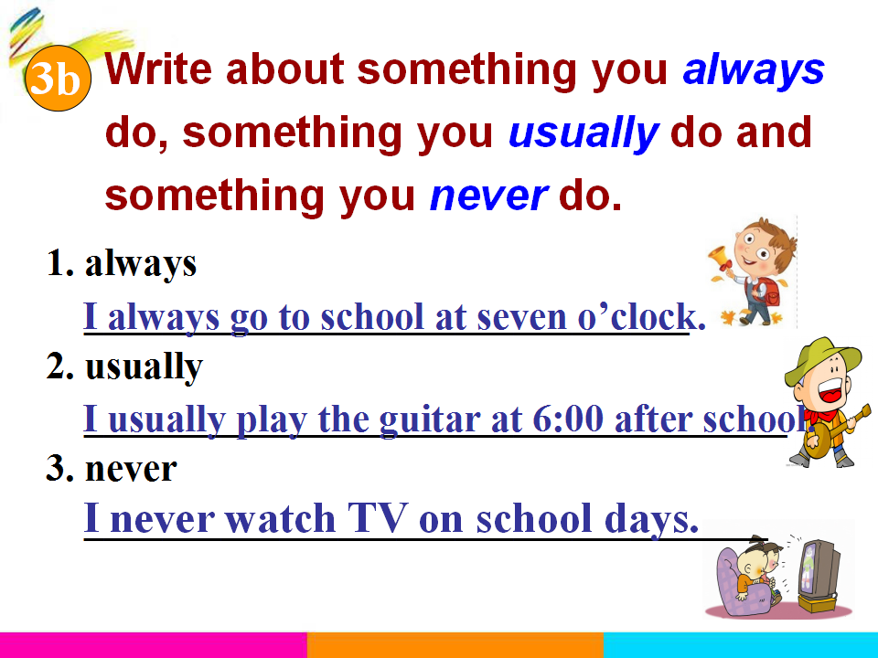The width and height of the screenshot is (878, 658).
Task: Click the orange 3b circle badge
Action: (x=58, y=78)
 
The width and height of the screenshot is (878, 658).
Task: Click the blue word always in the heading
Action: (x=753, y=70)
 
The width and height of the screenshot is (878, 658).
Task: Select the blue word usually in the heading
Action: (x=583, y=133)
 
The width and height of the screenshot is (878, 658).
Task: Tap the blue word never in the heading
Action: (x=488, y=196)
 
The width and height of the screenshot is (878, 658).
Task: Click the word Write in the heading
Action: (x=158, y=69)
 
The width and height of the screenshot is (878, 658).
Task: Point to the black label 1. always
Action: (x=122, y=263)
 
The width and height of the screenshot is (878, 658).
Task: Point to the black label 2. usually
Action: (x=124, y=366)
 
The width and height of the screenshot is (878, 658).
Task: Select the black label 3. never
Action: (x=112, y=468)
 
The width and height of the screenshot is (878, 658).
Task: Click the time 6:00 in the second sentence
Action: (x=568, y=419)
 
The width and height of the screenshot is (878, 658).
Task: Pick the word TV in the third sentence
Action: (x=377, y=518)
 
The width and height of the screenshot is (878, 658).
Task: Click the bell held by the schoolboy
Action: (x=720, y=259)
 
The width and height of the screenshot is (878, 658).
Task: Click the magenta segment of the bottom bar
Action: (x=154, y=645)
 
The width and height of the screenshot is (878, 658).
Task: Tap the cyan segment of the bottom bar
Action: (x=741, y=645)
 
